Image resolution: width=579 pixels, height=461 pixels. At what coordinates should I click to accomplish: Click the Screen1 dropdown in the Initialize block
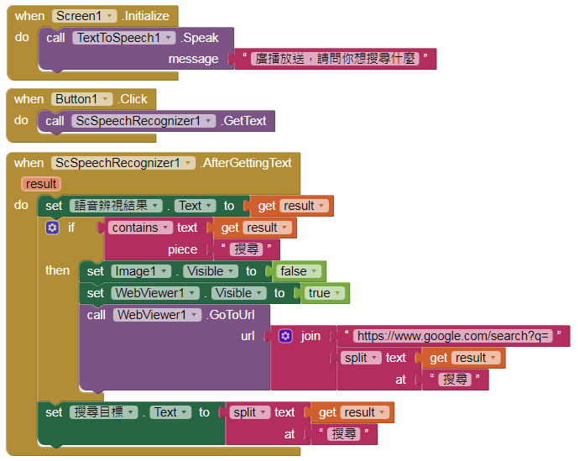[x=84, y=16]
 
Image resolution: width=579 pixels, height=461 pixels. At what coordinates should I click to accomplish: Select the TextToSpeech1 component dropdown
[x=123, y=38]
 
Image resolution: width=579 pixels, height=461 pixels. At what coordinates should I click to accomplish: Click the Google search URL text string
[x=452, y=336]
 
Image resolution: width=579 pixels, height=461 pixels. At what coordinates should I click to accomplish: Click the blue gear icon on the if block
[x=52, y=228]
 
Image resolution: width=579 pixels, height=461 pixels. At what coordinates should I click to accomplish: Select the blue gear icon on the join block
[x=285, y=336]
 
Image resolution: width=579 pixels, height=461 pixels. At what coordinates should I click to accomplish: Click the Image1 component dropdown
[x=141, y=271]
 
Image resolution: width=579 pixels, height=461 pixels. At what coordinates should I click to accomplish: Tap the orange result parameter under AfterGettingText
[x=41, y=184]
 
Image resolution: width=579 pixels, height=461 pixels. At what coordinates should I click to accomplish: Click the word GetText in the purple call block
[x=244, y=121]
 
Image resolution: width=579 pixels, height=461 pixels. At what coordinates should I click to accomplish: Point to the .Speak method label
[x=201, y=38]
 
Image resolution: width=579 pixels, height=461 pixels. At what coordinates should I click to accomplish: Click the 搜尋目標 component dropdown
[x=104, y=412]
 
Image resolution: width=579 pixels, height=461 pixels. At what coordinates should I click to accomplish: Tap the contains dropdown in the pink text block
[x=139, y=228]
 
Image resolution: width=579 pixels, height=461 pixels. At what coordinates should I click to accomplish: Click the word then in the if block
[x=57, y=270]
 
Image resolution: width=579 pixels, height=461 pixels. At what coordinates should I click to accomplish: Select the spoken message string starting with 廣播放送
[x=336, y=59]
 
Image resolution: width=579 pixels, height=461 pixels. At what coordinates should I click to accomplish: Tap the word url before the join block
[x=248, y=336]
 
